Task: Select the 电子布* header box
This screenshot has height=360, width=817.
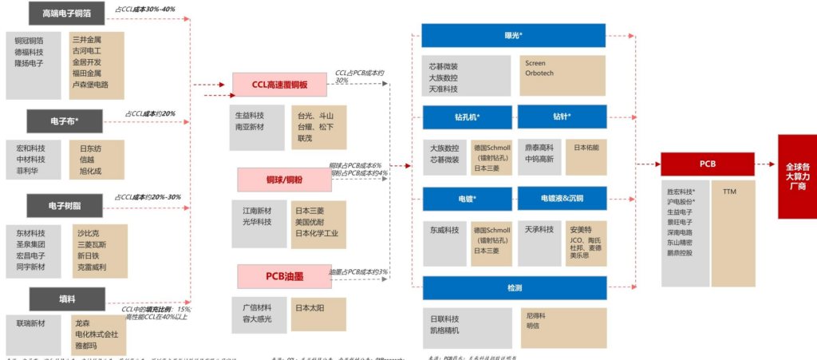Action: point(65,121)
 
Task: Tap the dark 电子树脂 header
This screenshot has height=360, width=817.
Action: point(67,205)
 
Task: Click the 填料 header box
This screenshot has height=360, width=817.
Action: point(67,298)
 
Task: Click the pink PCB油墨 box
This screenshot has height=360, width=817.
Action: point(280,275)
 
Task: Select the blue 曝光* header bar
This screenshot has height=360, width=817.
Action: point(514,35)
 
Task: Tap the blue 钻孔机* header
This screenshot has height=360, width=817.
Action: point(467,117)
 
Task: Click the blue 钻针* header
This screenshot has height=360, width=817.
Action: point(561,117)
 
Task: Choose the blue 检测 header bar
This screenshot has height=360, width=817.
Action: point(514,287)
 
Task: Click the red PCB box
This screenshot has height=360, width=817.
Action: point(707,164)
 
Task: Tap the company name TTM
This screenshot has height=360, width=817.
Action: point(730,192)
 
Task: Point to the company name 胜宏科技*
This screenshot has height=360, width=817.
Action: point(681,192)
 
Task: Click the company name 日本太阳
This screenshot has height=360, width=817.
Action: point(308,307)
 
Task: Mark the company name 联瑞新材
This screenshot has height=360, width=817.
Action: point(31,323)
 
